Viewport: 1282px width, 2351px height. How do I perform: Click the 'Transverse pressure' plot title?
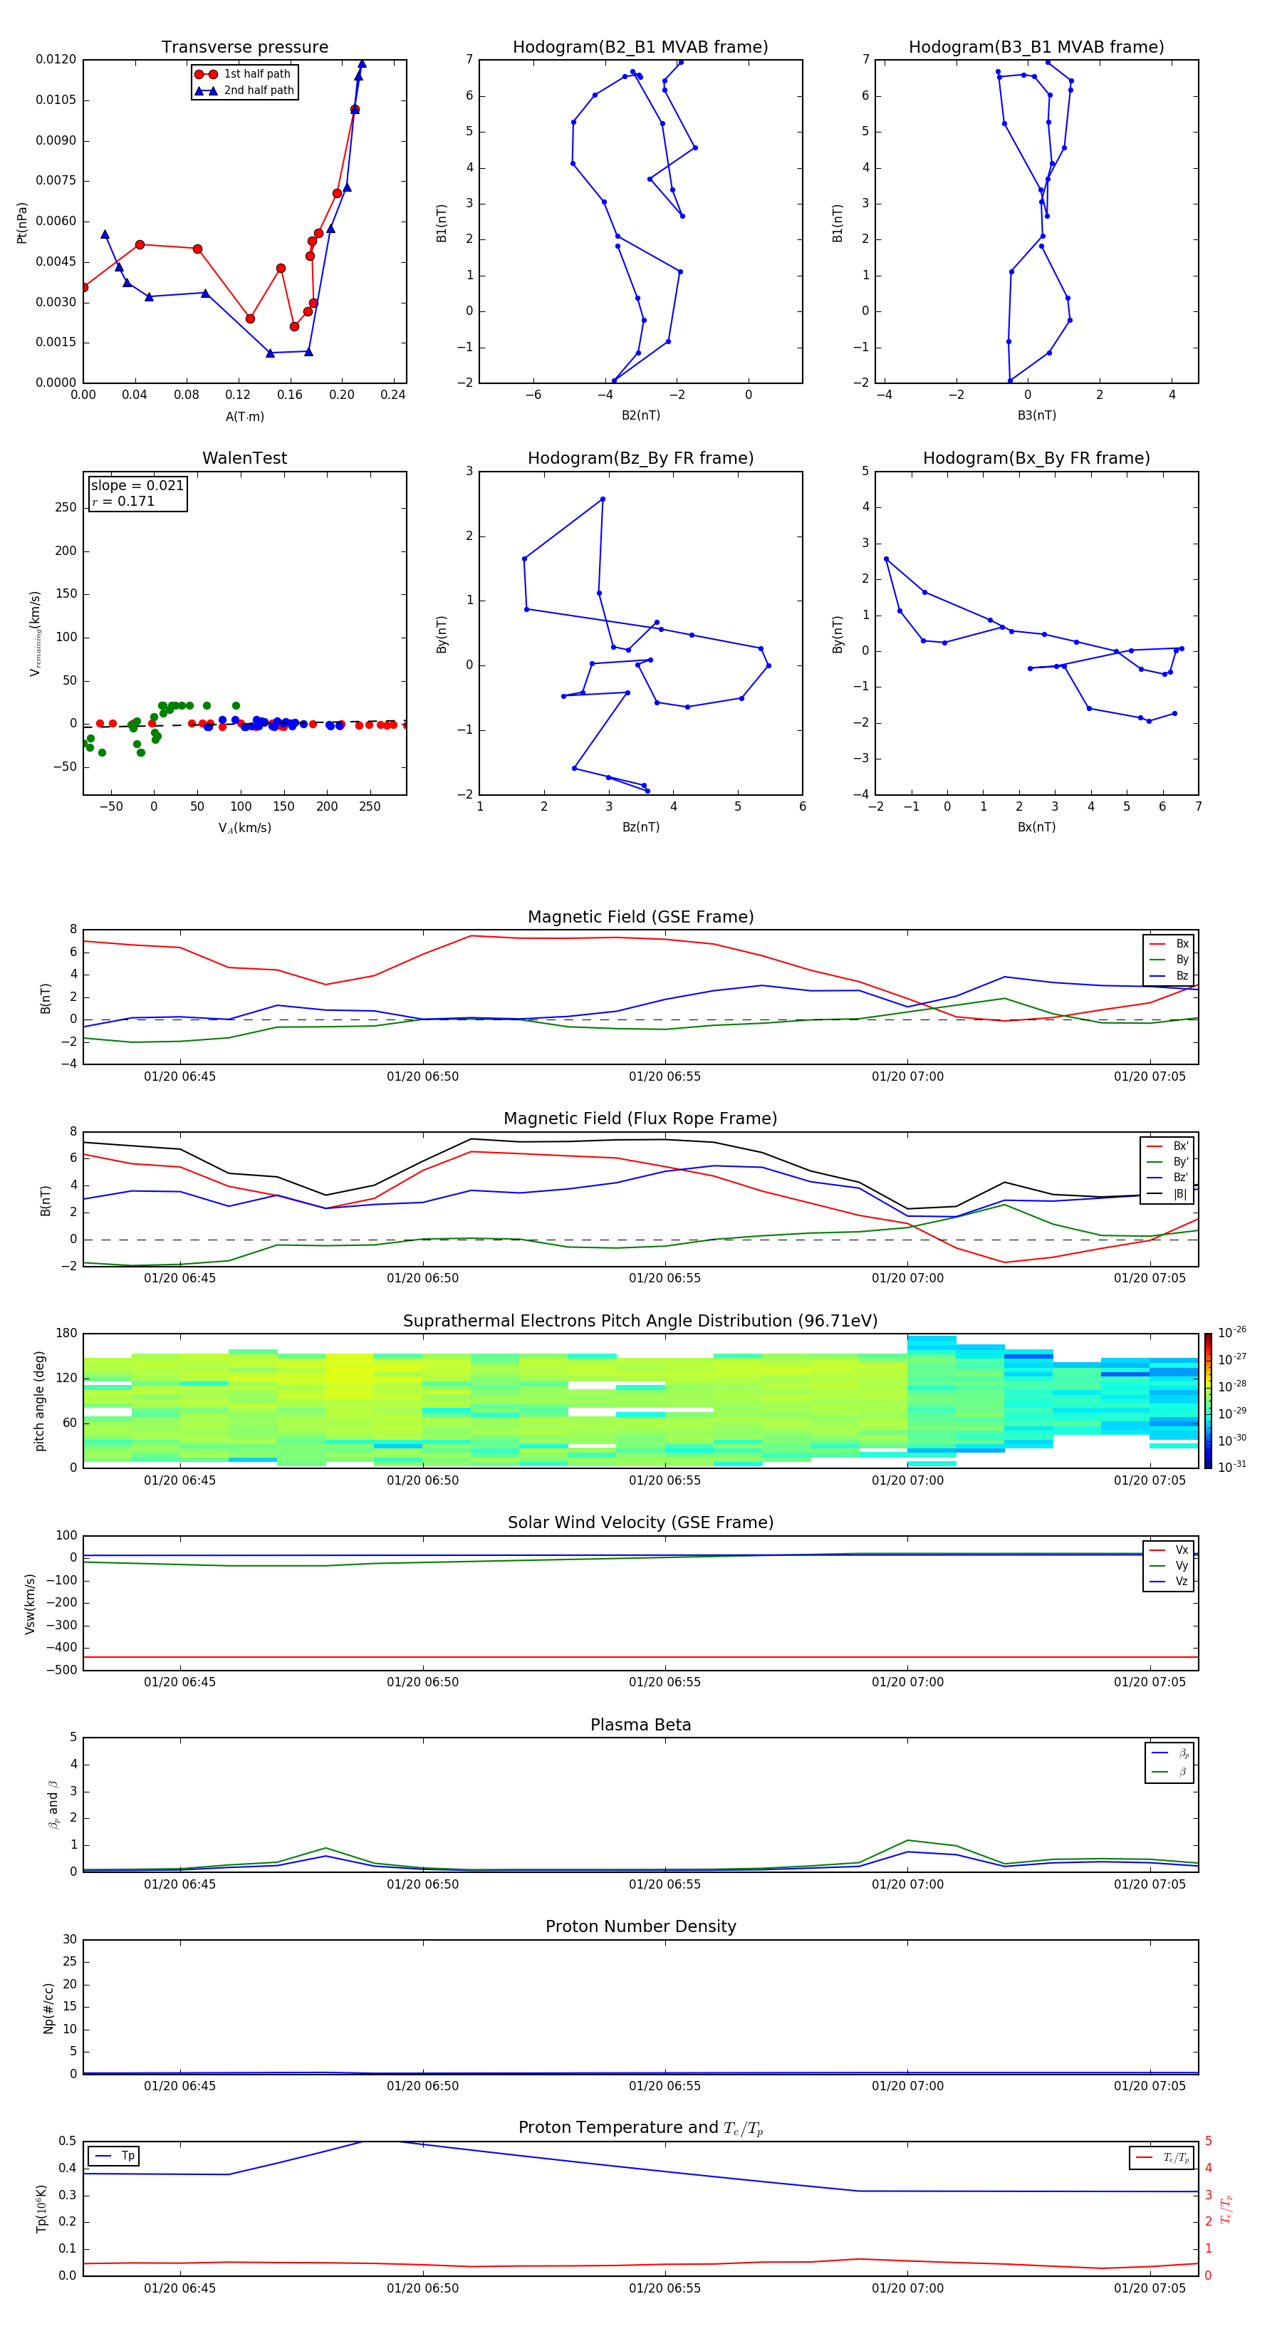(x=244, y=48)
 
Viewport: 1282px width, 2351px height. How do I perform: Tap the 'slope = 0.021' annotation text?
(x=137, y=486)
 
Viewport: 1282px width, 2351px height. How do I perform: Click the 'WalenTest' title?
(x=244, y=458)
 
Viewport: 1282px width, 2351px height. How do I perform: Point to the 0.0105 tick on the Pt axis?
(x=56, y=100)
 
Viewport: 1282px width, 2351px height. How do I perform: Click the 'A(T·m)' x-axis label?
(x=244, y=417)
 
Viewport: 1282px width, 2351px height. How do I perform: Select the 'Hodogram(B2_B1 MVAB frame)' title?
(x=640, y=48)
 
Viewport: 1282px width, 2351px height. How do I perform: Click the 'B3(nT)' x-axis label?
(x=1036, y=415)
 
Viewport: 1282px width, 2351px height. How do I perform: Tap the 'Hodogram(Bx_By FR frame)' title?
(x=1036, y=458)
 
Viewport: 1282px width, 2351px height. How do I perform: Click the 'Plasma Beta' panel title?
(x=640, y=1725)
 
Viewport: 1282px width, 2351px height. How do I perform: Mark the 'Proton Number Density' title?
(x=640, y=1926)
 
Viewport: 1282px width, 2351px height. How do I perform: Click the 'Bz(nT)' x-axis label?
(x=640, y=827)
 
